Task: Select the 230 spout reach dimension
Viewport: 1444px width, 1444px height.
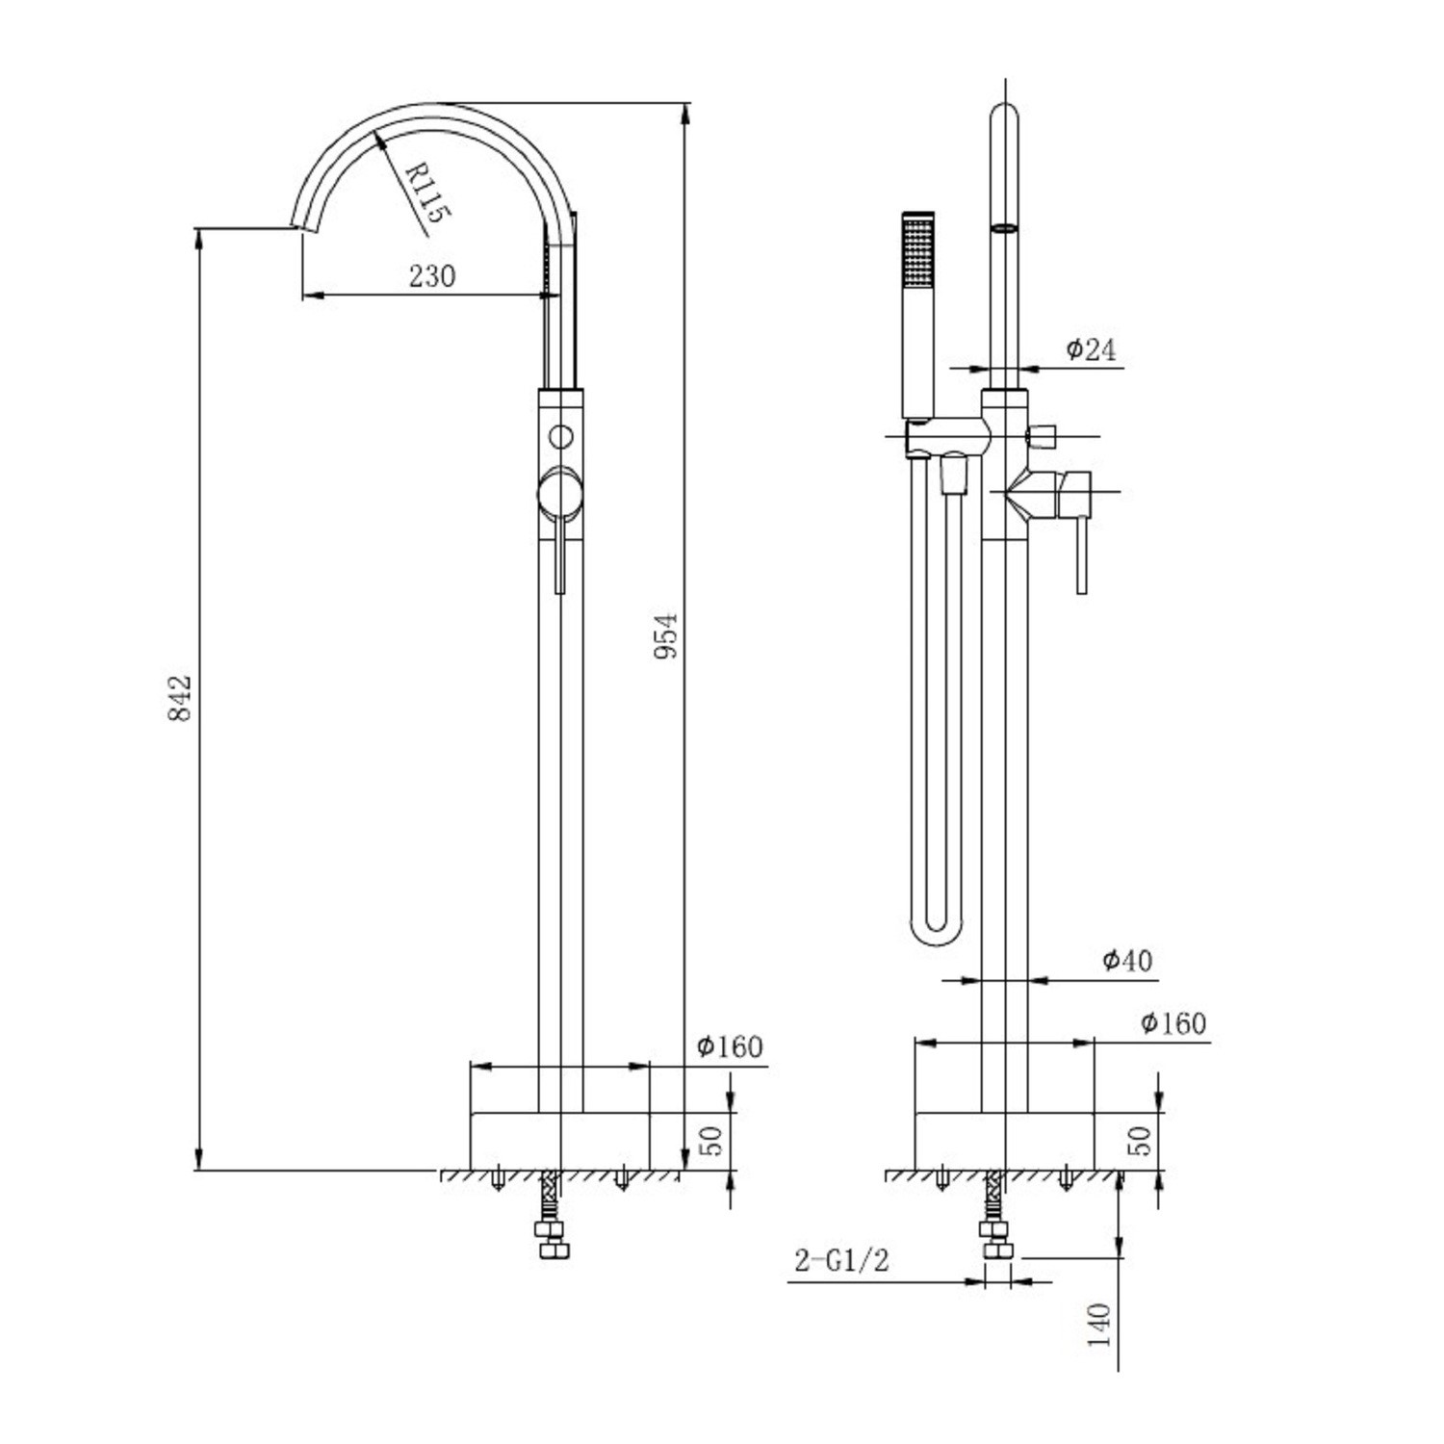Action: (x=431, y=276)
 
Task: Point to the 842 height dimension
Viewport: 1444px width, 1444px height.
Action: (x=181, y=697)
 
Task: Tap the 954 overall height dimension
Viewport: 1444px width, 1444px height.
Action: (x=666, y=635)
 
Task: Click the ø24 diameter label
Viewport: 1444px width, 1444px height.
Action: (x=1092, y=349)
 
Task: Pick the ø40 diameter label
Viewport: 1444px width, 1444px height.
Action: (x=1127, y=960)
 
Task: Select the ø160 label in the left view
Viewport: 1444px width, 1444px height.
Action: (x=730, y=1046)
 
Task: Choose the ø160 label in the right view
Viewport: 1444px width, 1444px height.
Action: (x=1173, y=1022)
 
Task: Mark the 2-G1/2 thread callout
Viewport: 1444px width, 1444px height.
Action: (x=841, y=1260)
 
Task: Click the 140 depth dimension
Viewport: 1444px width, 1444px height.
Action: (x=1098, y=1325)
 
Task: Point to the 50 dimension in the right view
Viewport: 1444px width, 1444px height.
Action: (x=1139, y=1141)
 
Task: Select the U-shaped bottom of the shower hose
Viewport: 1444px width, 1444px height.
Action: (x=934, y=932)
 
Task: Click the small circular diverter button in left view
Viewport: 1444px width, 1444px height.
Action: (x=559, y=435)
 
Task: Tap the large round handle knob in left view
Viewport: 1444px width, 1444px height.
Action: (x=559, y=492)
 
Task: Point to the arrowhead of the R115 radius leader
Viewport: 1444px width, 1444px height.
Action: (x=378, y=135)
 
